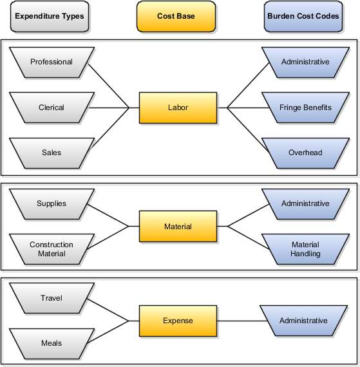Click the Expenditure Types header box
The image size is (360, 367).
click(x=50, y=17)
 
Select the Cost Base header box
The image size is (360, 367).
click(x=176, y=17)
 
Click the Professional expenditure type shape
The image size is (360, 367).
click(x=52, y=62)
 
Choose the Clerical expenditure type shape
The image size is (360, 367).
click(x=52, y=108)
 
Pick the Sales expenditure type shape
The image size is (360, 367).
click(x=52, y=153)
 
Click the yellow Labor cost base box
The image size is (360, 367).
click(x=178, y=108)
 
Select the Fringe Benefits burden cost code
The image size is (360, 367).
click(x=305, y=108)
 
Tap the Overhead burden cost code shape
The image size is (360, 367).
click(x=305, y=153)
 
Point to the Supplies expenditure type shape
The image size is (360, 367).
click(x=52, y=203)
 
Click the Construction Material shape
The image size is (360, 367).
click(x=52, y=249)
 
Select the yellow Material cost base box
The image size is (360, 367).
click(x=178, y=227)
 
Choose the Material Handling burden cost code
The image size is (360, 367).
click(x=305, y=249)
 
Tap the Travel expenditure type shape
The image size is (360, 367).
click(x=52, y=298)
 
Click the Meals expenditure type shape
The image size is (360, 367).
click(x=52, y=343)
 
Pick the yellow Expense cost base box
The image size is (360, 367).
click(x=178, y=321)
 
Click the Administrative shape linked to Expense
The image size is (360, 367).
click(x=303, y=321)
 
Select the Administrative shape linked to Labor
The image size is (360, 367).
click(x=305, y=62)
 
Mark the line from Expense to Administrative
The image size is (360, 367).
click(x=240, y=321)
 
